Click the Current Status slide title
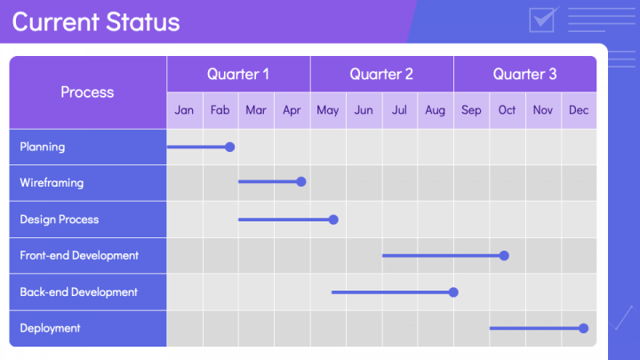tap(95, 22)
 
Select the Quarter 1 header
tap(238, 74)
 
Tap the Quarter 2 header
tap(381, 74)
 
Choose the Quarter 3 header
tap(524, 74)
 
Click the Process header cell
tap(87, 92)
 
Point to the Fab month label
tap(220, 110)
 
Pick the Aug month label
tap(436, 110)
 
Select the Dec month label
tap(579, 110)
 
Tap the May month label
tap(327, 110)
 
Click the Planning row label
tap(43, 147)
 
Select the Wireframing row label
tap(52, 182)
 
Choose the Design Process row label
tap(60, 219)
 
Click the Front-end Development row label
tap(79, 255)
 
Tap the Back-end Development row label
tap(78, 292)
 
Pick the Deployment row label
tap(50, 328)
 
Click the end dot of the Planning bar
tap(230, 147)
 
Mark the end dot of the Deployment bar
tap(584, 328)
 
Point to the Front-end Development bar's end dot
tap(504, 255)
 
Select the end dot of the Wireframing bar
tap(301, 181)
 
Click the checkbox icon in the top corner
tap(542, 19)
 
